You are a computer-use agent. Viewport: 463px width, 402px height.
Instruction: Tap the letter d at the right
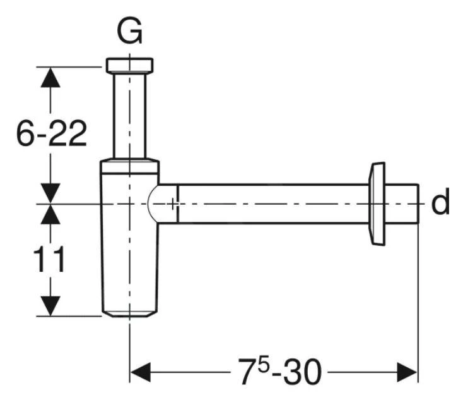(440, 203)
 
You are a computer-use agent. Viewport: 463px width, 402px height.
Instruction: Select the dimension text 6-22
(51, 133)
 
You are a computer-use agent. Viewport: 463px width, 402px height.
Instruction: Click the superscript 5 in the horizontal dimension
(260, 363)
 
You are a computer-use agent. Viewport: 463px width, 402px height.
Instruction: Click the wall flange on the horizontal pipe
(377, 204)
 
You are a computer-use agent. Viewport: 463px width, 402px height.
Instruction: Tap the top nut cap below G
(130, 65)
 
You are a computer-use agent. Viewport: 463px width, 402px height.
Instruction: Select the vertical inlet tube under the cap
(130, 114)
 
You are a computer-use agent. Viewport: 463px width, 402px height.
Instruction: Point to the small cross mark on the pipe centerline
(174, 204)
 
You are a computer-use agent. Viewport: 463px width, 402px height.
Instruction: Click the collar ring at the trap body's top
(130, 166)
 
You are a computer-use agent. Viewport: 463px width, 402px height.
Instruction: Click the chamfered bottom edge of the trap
(130, 313)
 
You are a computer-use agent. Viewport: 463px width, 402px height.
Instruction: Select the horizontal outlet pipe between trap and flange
(271, 204)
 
